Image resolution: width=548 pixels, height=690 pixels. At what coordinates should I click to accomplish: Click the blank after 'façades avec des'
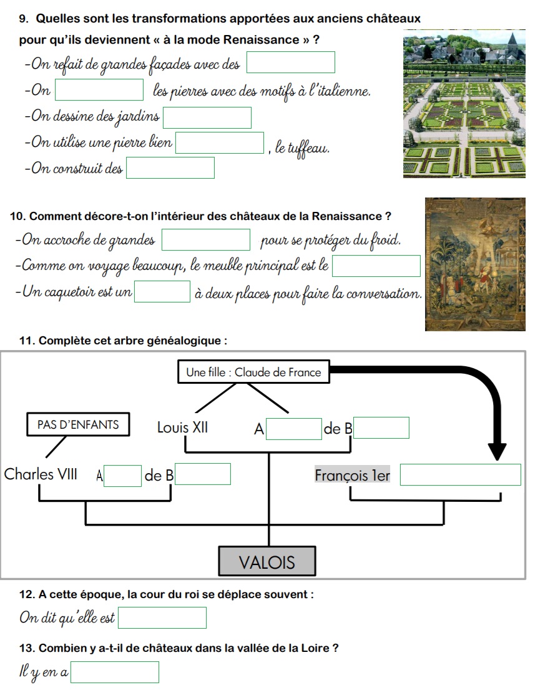click(x=290, y=62)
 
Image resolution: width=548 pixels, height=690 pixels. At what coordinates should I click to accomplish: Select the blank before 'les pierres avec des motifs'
click(x=99, y=90)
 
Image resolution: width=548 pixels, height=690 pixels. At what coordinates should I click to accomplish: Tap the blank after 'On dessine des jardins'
click(x=207, y=118)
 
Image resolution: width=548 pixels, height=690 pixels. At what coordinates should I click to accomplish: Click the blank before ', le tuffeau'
click(x=220, y=143)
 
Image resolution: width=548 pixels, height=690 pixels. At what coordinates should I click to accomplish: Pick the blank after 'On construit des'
click(x=170, y=167)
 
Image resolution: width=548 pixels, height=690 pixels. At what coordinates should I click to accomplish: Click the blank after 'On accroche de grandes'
click(x=206, y=240)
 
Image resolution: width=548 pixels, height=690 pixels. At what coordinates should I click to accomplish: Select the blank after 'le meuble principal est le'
click(x=376, y=266)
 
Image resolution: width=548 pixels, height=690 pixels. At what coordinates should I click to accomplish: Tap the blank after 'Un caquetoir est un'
click(x=162, y=292)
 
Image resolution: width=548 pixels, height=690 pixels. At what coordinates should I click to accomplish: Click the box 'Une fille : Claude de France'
click(x=253, y=372)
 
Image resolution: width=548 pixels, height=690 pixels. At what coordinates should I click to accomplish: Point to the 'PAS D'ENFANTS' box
click(x=78, y=424)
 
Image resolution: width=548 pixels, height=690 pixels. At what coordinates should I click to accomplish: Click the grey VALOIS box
click(x=267, y=561)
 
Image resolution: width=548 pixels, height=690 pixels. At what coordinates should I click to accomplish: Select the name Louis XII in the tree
click(x=182, y=427)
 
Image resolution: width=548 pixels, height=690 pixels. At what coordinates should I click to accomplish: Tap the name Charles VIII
click(x=41, y=474)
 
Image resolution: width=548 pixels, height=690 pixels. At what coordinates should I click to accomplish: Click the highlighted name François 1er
click(x=353, y=475)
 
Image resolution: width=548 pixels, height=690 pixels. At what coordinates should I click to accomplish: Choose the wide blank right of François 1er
click(x=461, y=475)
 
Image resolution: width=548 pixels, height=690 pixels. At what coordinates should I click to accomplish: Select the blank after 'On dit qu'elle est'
click(x=162, y=618)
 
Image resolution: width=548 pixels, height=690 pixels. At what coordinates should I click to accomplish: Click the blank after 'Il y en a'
click(x=115, y=672)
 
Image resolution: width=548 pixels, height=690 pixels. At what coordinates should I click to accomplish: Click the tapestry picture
click(x=475, y=264)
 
